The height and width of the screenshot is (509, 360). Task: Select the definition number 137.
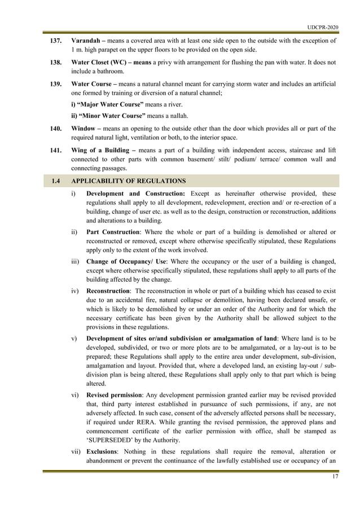click(56, 41)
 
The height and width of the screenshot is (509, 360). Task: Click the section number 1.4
click(55, 181)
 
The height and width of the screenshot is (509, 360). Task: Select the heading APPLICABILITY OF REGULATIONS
click(128, 181)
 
